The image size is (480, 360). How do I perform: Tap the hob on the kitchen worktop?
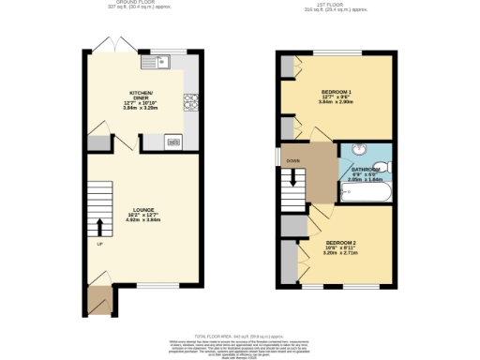(190, 102)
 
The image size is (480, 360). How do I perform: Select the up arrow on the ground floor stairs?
(98, 225)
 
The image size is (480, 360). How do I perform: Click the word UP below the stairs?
(99, 245)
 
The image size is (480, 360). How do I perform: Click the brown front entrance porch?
(97, 299)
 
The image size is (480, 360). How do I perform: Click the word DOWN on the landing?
(293, 160)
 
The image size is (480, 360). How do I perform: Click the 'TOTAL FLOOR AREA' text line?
(239, 334)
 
